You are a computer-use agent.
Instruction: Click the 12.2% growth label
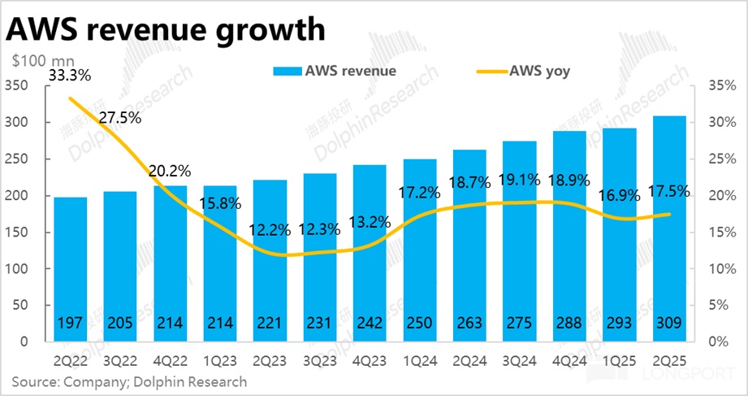click(270, 230)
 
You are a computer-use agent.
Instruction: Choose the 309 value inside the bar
click(670, 323)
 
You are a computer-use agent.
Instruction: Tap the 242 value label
click(370, 323)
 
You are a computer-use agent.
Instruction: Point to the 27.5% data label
click(119, 117)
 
